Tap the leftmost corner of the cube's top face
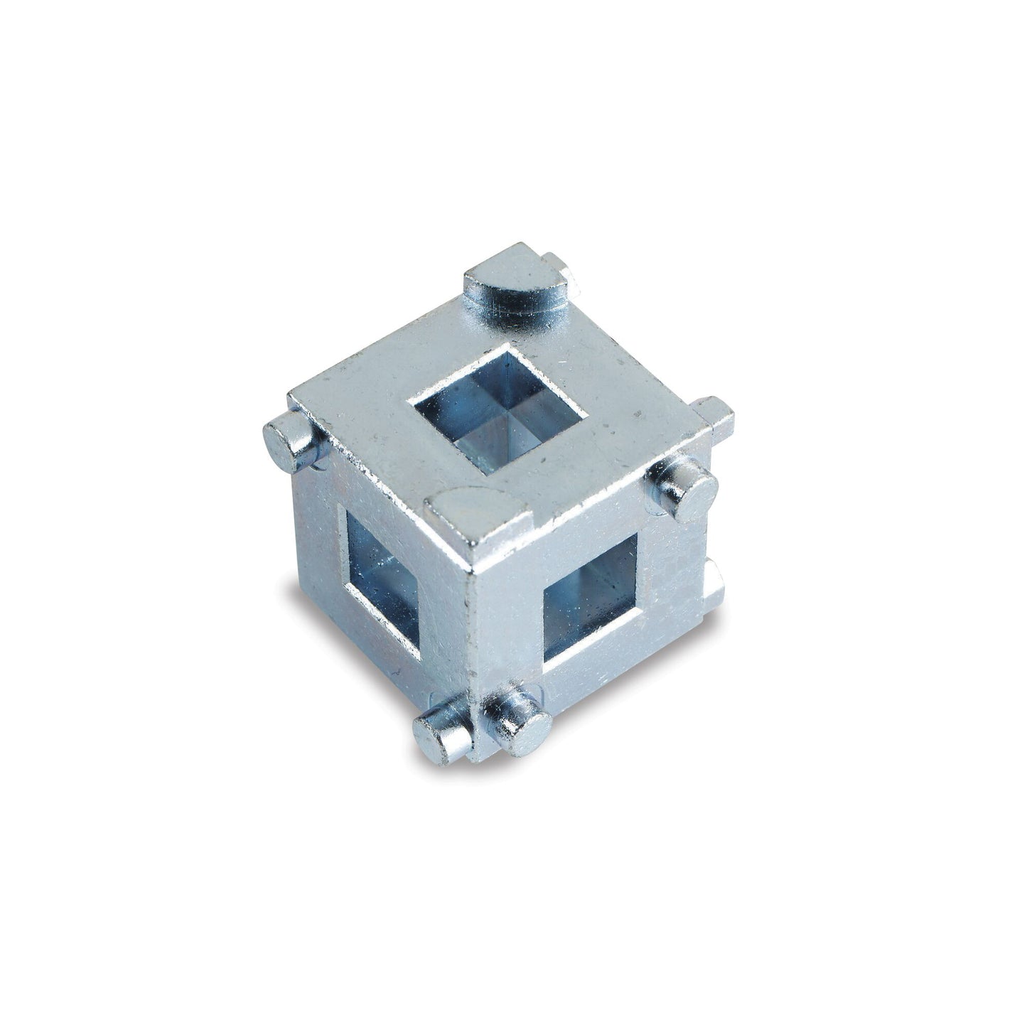pos(291,394)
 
